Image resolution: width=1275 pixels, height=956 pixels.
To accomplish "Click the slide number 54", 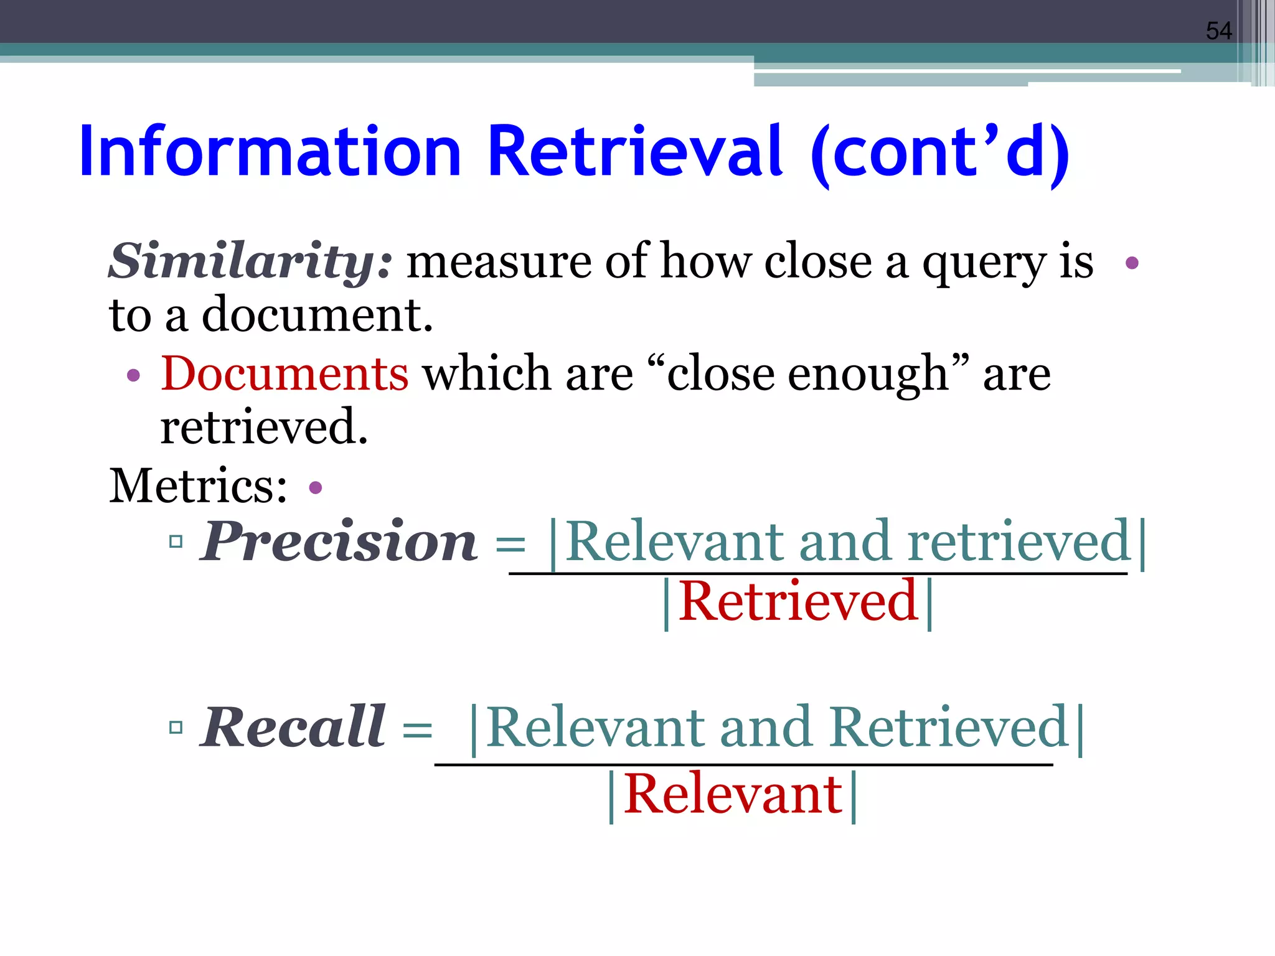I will tap(1218, 30).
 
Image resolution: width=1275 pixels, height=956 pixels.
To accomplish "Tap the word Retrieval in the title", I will tap(635, 152).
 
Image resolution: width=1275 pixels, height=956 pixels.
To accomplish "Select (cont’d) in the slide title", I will tap(940, 153).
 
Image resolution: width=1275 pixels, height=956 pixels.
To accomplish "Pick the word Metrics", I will tap(198, 485).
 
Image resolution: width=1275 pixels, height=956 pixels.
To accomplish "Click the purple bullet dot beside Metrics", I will tap(316, 487).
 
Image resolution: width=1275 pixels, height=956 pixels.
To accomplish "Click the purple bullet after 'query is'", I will tap(1132, 263).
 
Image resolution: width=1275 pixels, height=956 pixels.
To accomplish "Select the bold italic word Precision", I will tap(340, 541).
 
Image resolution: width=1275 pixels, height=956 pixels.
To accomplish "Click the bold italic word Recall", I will tap(294, 727).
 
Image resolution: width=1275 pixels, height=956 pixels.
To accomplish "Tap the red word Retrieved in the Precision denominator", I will tap(798, 601).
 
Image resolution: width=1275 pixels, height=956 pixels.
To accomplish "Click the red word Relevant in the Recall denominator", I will tap(733, 794).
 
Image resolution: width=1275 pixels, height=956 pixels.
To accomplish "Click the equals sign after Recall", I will tap(417, 729).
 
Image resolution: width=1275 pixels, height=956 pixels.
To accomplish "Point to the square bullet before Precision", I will tap(176, 541).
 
